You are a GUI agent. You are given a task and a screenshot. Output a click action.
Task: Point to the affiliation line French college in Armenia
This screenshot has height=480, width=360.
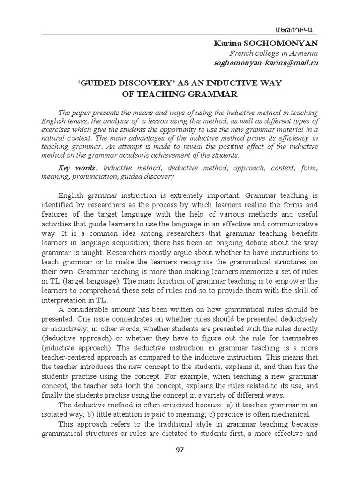point(280,53)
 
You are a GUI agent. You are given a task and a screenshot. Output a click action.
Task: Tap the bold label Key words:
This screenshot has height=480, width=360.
point(78,168)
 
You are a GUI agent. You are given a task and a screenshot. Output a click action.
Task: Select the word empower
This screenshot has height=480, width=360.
point(293,281)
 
